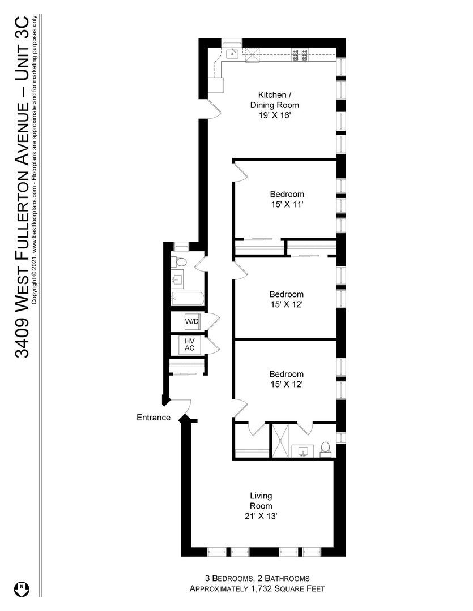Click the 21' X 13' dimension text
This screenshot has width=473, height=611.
coord(261,516)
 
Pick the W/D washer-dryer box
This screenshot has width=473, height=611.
coord(192,322)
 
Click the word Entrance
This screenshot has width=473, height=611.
coord(153,418)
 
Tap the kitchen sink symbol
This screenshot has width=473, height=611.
coord(232,54)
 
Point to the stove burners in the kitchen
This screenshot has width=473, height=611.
coord(300,55)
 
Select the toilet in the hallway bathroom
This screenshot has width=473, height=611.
coord(180,261)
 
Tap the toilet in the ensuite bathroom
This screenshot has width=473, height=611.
coord(325,448)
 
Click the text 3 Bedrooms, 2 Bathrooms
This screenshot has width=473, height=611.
coord(257,578)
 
